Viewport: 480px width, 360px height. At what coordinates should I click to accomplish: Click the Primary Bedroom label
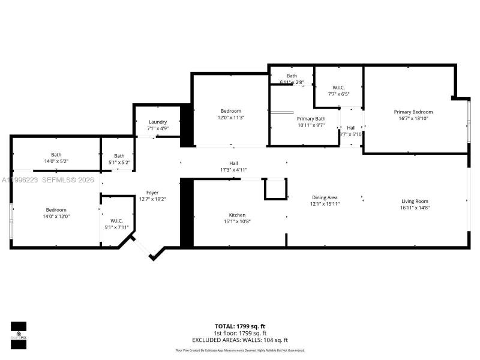413,112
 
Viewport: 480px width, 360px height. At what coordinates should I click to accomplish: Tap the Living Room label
415,201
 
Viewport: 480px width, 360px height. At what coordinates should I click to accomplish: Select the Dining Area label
325,197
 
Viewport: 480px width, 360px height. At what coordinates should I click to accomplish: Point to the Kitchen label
237,215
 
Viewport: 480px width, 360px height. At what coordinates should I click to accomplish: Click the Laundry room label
158,122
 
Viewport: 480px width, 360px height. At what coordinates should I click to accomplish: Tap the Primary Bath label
311,119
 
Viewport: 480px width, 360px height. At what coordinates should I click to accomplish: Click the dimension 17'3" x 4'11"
233,170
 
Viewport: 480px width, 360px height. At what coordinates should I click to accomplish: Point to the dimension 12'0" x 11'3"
231,118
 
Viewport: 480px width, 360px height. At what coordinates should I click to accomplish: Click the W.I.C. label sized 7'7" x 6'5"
338,87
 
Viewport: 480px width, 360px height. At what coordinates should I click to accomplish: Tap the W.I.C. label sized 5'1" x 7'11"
116,221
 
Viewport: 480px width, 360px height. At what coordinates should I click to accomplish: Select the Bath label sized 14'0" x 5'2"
56,155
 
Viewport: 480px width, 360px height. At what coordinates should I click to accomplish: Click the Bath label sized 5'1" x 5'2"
119,156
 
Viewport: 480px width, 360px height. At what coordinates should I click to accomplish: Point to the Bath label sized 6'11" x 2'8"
292,76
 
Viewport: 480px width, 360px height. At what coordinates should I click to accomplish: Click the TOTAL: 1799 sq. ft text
239,326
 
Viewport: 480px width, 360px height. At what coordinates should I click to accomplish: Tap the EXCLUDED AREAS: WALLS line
239,340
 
